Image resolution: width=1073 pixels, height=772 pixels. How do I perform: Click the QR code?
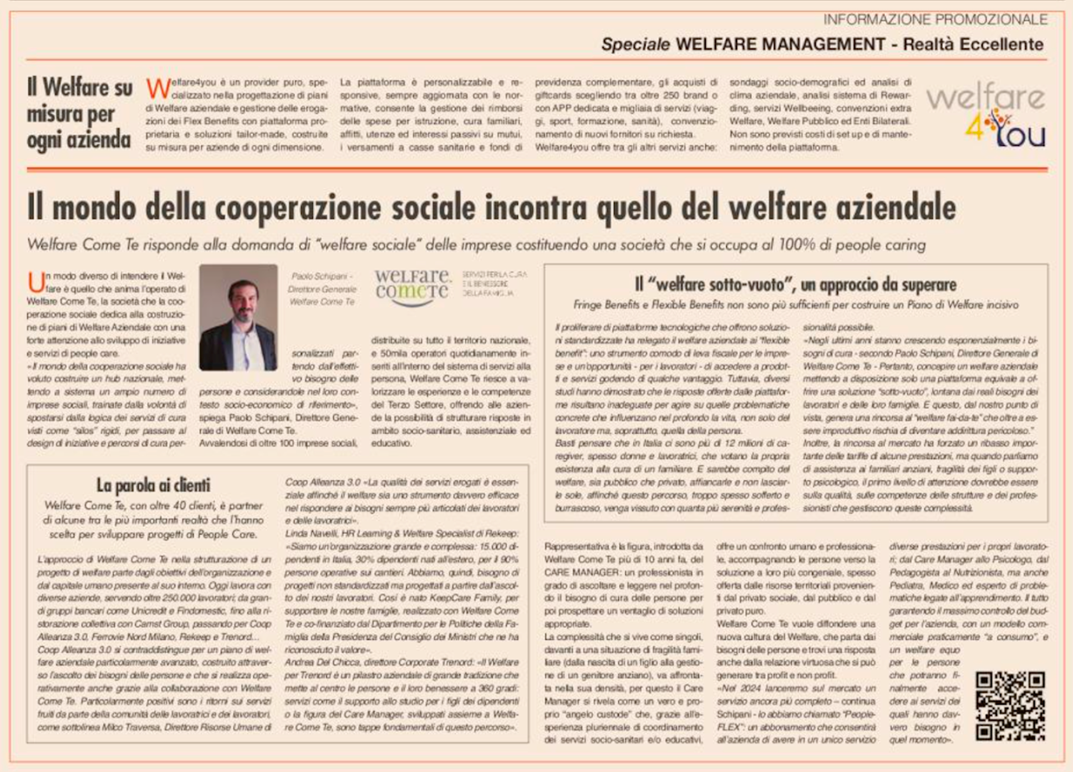click(1010, 705)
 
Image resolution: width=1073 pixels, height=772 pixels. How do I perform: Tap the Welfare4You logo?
click(986, 116)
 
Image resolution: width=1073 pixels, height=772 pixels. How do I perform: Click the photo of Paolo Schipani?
click(238, 317)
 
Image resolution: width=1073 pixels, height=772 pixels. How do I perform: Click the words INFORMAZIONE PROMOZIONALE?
click(935, 19)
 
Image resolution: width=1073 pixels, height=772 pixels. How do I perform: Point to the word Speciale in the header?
click(635, 44)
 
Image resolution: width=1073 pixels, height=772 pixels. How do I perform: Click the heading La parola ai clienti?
click(153, 485)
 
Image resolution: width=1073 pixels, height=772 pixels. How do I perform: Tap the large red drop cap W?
click(158, 89)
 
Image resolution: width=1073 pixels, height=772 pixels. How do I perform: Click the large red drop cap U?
click(36, 282)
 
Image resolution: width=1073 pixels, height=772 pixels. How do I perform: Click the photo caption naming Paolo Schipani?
click(322, 289)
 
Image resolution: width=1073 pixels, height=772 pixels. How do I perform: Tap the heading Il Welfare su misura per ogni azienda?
click(79, 114)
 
